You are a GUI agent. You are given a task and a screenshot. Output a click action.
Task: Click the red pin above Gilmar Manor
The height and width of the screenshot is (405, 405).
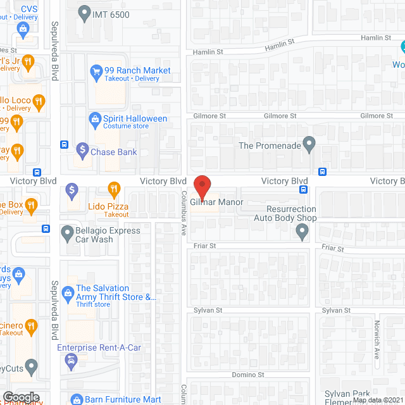point(202,187)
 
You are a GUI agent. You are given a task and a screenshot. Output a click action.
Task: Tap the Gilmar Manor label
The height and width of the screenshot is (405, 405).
point(217,202)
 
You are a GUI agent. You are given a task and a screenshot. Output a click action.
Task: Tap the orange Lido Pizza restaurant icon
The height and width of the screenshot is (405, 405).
point(114,189)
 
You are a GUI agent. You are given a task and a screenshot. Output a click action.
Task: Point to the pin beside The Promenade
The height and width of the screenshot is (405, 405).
point(309,145)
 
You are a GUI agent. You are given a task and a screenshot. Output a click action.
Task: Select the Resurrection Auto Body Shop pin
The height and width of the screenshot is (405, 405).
point(302,233)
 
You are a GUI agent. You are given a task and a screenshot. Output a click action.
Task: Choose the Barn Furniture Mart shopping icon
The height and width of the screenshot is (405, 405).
point(76,399)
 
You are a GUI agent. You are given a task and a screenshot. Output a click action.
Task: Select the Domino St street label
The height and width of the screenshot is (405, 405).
point(248,375)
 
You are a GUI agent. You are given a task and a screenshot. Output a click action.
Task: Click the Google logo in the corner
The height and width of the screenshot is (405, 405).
point(21,397)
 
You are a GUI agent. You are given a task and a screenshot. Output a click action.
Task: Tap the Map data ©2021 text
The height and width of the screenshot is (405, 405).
point(378,400)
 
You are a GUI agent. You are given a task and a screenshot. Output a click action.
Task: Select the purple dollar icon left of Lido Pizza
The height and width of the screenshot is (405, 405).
point(72,189)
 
